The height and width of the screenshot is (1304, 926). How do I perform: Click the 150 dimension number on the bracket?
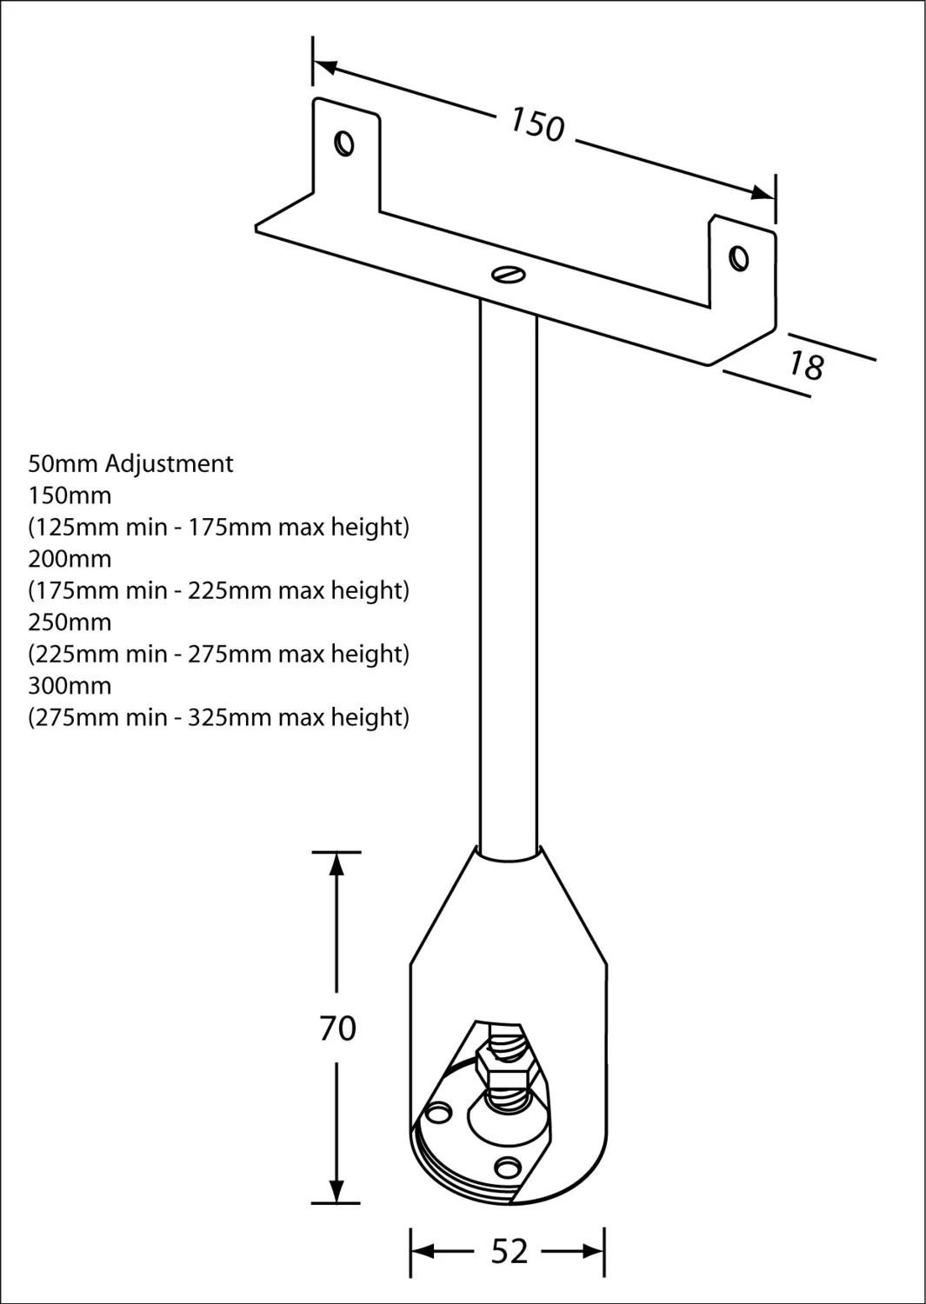click(537, 124)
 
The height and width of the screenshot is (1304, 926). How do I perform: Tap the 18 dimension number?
click(807, 365)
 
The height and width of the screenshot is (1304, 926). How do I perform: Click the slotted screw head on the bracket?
click(509, 274)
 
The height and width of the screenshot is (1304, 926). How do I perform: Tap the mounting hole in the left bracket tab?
click(344, 143)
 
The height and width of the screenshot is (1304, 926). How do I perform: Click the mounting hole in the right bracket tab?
click(739, 258)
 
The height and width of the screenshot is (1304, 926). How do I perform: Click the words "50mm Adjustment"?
click(130, 463)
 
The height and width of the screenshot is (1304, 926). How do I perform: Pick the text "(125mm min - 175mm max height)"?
click(218, 527)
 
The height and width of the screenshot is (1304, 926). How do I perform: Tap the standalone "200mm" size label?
click(70, 559)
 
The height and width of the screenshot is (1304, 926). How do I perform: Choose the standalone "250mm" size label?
click(70, 622)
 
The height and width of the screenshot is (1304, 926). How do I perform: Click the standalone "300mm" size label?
click(70, 686)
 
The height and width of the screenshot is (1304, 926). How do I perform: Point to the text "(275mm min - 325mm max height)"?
click(218, 717)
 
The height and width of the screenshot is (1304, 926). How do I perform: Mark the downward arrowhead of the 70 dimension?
click(336, 1190)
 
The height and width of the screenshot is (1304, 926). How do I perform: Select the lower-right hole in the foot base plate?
click(508, 1168)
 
